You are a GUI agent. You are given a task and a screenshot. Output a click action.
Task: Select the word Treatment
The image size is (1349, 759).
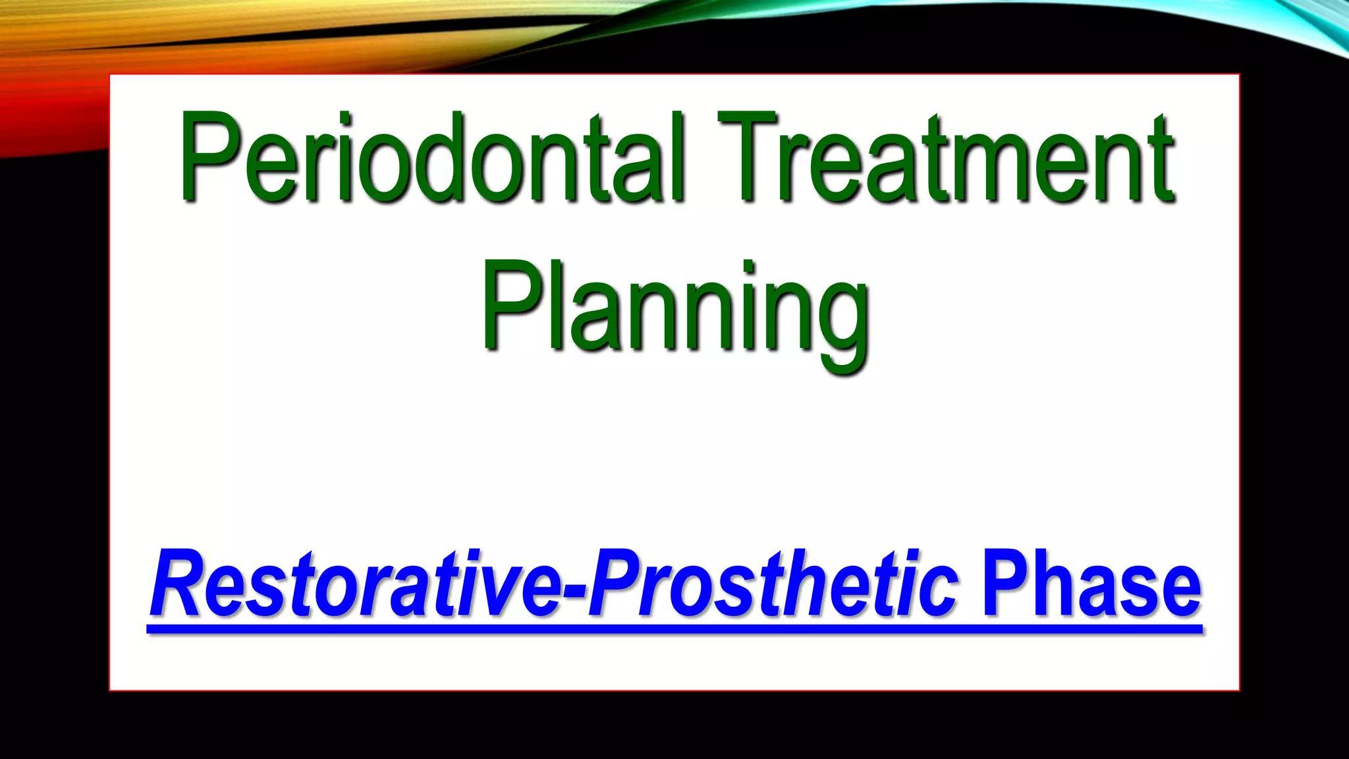(x=945, y=158)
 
